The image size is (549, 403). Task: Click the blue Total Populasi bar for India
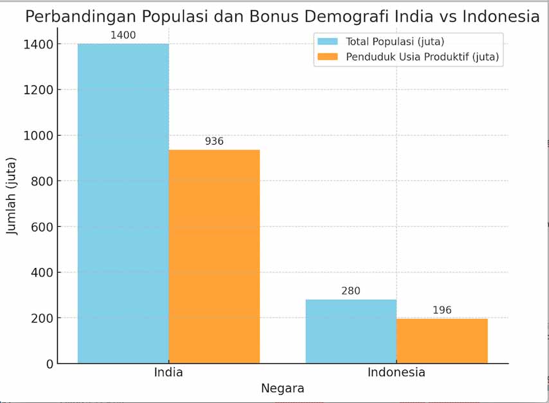point(123,203)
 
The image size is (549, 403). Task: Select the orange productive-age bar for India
point(214,256)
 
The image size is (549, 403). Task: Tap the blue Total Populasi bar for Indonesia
point(350,331)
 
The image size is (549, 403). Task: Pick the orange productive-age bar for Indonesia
point(442,341)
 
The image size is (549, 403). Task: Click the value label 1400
point(123,35)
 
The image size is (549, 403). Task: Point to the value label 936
point(214,141)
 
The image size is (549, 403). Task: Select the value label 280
point(350,291)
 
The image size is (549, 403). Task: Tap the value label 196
point(442,310)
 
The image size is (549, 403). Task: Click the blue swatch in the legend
point(328,42)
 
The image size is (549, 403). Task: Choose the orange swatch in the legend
point(328,57)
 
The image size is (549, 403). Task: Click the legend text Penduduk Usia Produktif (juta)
point(422,57)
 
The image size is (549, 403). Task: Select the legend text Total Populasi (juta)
point(395,42)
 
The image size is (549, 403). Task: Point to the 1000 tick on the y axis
point(39,136)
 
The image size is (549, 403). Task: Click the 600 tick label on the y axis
point(43,227)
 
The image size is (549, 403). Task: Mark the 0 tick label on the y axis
point(50,364)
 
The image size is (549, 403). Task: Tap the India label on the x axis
point(168,373)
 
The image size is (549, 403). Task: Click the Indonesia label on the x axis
point(396,373)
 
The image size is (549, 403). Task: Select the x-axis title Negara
point(282,389)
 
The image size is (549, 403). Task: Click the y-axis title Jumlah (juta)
point(12,195)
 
